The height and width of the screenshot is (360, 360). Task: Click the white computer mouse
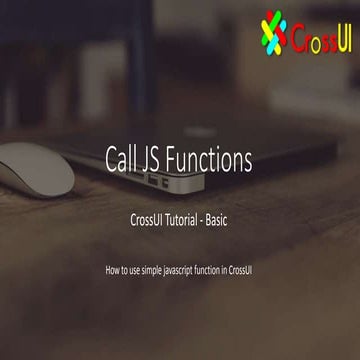[x=36, y=167]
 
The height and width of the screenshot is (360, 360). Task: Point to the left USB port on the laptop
[x=152, y=182]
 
